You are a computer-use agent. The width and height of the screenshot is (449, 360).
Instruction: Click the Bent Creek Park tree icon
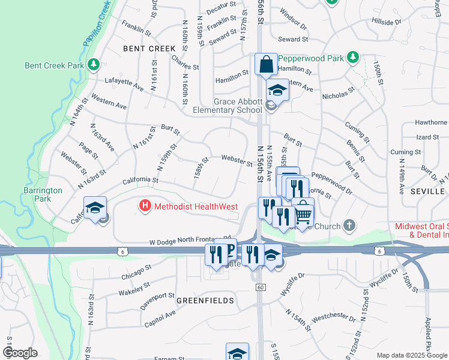coord(93,64)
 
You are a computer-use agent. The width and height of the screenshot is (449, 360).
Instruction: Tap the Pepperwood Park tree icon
coord(354,58)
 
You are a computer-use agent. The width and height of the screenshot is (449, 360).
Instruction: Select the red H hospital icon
coord(145,207)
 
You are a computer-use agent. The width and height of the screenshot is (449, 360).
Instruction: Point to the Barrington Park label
coord(47,194)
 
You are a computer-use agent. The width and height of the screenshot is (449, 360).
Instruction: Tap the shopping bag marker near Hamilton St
coord(265,65)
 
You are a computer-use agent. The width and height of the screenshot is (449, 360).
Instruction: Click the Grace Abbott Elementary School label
coord(229,106)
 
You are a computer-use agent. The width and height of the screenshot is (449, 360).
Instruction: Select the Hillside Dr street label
coord(386,22)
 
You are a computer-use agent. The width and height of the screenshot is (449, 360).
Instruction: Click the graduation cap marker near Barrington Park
coord(95,208)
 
